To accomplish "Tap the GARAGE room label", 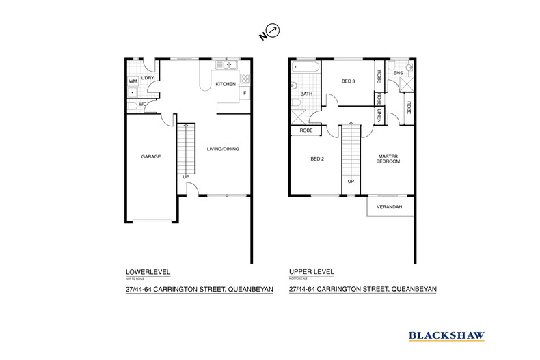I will point(151,156).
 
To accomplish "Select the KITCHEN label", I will point(226,84).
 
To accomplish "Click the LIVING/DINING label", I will point(223,149).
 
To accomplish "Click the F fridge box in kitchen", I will point(244,92).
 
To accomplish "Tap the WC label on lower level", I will point(143,105).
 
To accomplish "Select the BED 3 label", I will point(349,82).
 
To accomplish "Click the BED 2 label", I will point(316,159).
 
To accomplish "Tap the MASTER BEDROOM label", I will point(388,159).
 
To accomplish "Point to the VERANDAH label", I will point(390,207).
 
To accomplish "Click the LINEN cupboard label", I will point(379,117).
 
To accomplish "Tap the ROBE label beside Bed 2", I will point(306,130).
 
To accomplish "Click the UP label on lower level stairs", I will point(185,178).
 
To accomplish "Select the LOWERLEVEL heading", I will point(148,271).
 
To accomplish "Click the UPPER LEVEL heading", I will point(312,271).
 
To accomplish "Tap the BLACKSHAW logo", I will point(446,335).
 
